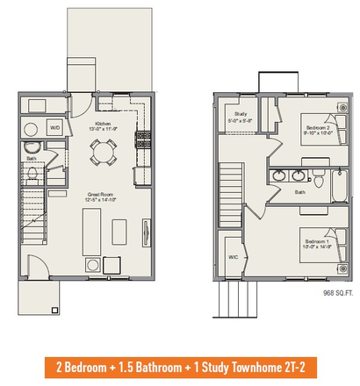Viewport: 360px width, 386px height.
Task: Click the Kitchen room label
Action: click(102, 124)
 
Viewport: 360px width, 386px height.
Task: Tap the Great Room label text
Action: click(99, 196)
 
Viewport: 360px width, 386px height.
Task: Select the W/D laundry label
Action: click(54, 127)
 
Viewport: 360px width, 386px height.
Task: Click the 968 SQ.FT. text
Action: click(338, 292)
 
